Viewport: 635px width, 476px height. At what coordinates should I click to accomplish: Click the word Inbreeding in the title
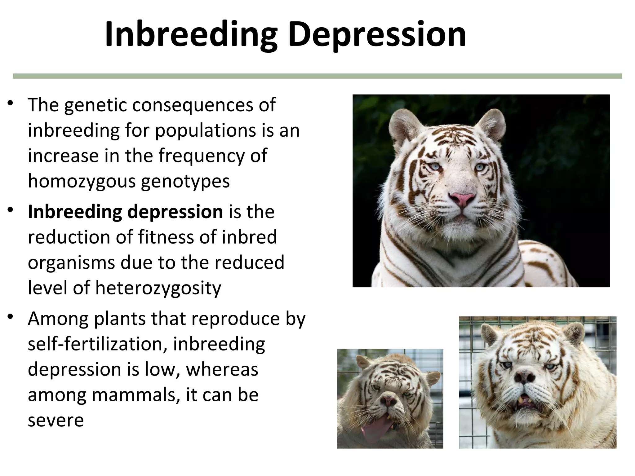coord(191,35)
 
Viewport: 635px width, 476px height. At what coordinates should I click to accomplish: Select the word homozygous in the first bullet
coord(82,181)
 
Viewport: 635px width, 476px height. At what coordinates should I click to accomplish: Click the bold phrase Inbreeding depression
coord(125,212)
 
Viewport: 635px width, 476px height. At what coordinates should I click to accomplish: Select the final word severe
coord(56,421)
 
